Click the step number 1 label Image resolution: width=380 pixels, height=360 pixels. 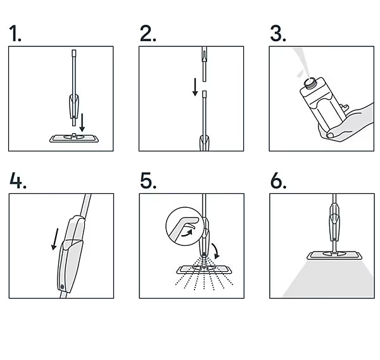click(15, 34)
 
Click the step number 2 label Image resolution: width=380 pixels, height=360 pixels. click(148, 34)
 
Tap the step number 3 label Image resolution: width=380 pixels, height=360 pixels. click(277, 34)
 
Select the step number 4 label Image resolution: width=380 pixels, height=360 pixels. click(18, 181)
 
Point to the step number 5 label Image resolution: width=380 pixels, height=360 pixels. click(148, 181)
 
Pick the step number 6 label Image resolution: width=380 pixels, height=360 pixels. click(278, 181)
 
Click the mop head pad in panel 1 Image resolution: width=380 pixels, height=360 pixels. click(72, 137)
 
